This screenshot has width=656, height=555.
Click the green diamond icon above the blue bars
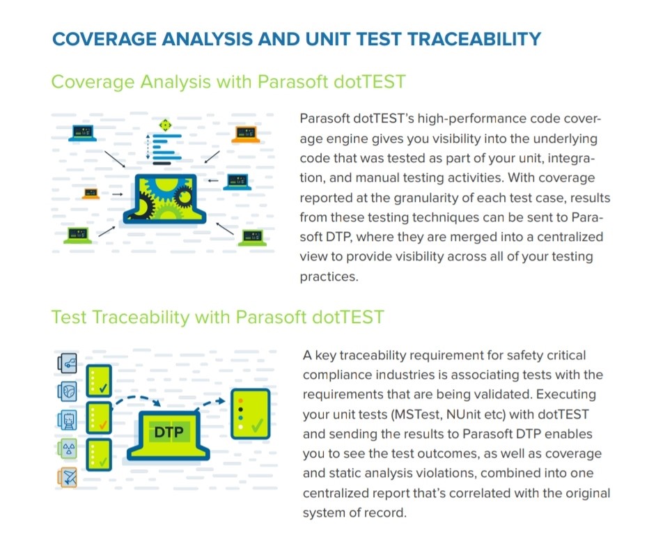point(165,125)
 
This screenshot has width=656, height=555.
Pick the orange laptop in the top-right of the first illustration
point(246,133)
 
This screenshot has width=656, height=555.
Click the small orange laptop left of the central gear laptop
point(91,194)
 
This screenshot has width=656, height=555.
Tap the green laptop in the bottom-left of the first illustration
point(77,235)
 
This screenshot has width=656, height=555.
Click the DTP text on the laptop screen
point(169,433)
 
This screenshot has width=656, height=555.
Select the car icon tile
point(68,362)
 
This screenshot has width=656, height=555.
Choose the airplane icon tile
point(68,477)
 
